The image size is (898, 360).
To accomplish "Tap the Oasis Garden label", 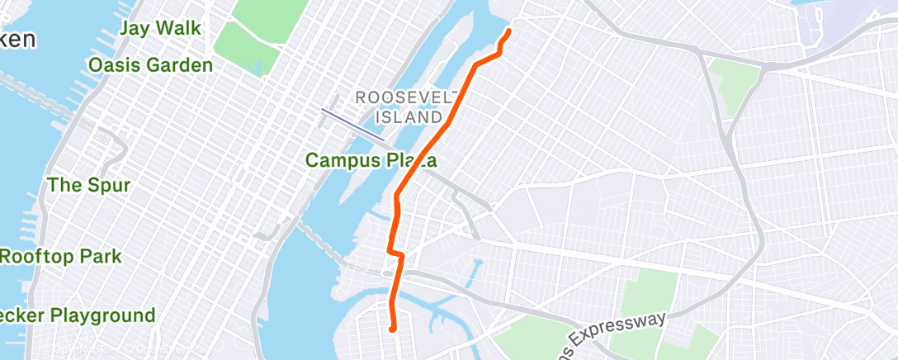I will click(150, 65).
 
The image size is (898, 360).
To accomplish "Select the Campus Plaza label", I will click(371, 160).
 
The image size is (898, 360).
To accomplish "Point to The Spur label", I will click(88, 185).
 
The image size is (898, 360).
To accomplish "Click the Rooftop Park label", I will click(60, 257).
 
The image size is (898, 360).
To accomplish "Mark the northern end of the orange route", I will click(508, 31).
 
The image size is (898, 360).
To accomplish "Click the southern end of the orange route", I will click(394, 329).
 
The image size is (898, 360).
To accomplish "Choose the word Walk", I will click(178, 28).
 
